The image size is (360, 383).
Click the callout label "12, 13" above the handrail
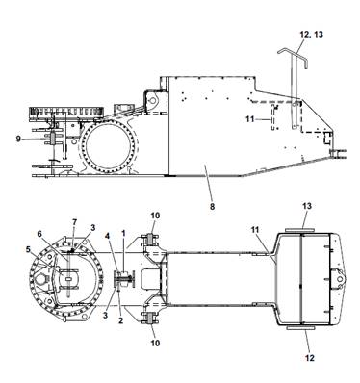point(311,34)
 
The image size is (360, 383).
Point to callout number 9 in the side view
point(19,139)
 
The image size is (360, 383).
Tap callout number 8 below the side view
point(212,207)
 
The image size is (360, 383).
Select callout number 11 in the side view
point(250,119)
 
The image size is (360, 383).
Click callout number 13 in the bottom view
point(307,206)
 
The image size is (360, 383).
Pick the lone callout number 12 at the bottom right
point(310,357)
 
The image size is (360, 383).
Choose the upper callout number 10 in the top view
point(155,216)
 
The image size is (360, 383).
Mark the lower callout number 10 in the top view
point(155,344)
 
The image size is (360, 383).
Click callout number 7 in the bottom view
point(75,222)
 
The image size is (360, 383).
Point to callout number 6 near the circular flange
point(39,234)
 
